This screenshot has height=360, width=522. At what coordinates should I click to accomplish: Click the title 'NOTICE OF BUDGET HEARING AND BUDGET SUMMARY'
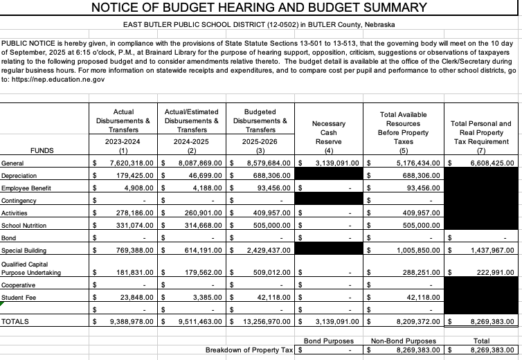[x=260, y=8]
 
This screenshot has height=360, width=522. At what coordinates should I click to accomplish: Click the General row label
[x=13, y=163]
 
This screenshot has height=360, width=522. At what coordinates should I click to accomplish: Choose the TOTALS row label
[x=16, y=322]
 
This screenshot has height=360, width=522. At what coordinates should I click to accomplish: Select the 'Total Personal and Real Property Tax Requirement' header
[x=480, y=132]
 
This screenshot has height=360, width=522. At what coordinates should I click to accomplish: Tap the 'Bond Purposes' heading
[x=329, y=341]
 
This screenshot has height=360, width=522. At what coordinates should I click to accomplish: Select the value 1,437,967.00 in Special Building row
[x=485, y=250]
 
